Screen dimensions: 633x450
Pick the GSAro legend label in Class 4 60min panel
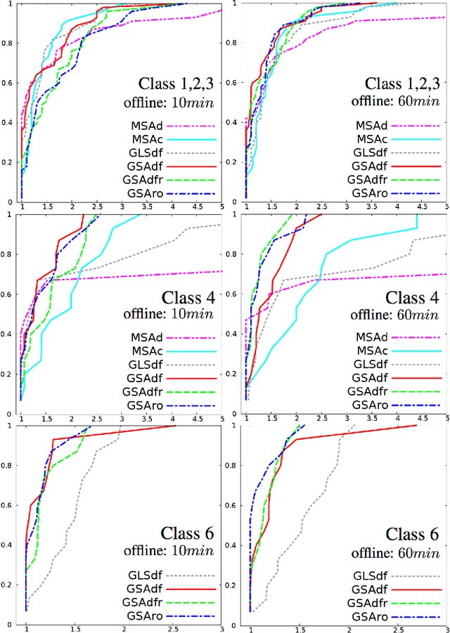pyautogui.click(x=371, y=405)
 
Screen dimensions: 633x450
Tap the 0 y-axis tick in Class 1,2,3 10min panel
pyautogui.click(x=8, y=202)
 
